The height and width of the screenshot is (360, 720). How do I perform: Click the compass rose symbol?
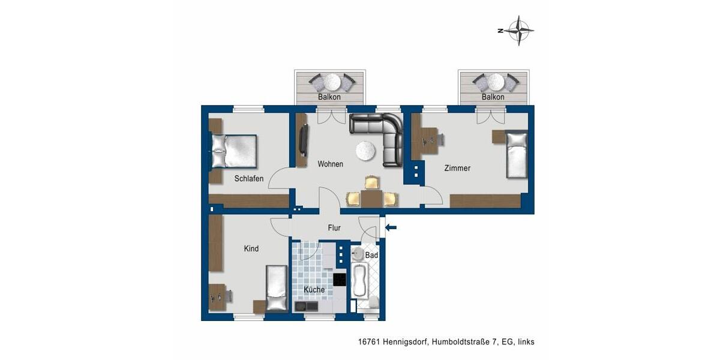(518, 30)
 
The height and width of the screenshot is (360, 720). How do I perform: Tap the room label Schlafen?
(249, 178)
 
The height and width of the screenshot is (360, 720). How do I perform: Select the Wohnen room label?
(330, 164)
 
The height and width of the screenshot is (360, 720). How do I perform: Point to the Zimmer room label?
(457, 168)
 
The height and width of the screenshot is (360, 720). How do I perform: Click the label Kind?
(251, 248)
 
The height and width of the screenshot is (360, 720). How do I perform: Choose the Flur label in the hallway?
(334, 228)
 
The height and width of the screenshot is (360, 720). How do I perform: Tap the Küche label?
(314, 290)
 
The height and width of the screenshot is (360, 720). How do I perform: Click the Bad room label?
(371, 256)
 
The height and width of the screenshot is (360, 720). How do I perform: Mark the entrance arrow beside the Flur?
(391, 227)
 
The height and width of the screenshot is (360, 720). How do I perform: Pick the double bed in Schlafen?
(234, 151)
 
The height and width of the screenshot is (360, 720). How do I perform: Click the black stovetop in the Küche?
(340, 280)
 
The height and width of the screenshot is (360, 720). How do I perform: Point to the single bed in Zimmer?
(516, 154)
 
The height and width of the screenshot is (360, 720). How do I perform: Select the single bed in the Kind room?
(277, 289)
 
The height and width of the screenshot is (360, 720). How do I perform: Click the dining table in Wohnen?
(372, 197)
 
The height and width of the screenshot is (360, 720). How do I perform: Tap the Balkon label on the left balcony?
(329, 97)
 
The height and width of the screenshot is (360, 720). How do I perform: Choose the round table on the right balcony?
(496, 81)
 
